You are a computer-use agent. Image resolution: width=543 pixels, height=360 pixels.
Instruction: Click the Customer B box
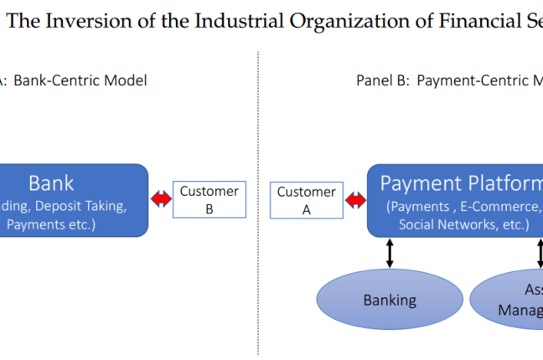[209, 199]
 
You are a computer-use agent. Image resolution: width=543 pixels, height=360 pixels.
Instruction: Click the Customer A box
[306, 201]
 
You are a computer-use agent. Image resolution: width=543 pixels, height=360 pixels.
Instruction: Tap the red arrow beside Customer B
[160, 199]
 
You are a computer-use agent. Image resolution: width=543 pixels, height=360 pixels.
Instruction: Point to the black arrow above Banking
[390, 254]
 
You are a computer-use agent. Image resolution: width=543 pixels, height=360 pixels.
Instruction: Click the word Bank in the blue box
[51, 183]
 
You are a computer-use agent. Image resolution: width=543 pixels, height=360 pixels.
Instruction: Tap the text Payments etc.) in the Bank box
[51, 224]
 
